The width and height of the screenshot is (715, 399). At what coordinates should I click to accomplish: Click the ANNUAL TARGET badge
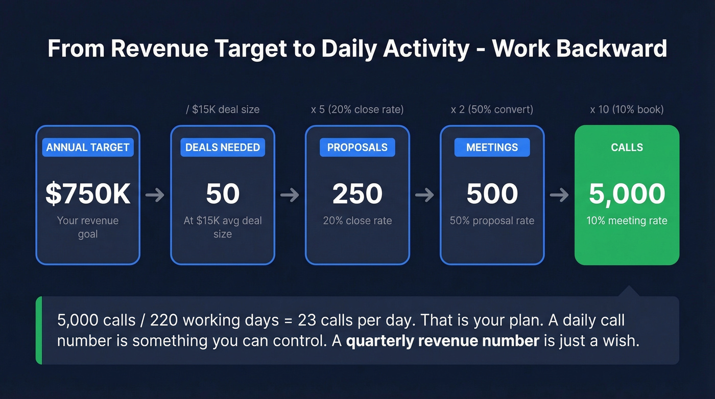[88, 147]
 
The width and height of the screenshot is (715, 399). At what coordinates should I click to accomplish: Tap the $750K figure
[88, 194]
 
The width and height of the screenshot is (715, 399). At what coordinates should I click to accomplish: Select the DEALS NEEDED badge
[223, 147]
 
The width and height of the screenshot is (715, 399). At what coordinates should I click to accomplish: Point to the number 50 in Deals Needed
[223, 194]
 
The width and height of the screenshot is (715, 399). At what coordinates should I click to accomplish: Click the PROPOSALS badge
[357, 147]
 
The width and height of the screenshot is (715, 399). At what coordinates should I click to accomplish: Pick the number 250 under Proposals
[357, 194]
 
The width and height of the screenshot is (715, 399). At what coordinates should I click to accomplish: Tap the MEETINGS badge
[492, 147]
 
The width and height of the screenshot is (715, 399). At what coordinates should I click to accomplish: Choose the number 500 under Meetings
[492, 194]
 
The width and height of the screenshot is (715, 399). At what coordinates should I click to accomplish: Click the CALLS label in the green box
[627, 147]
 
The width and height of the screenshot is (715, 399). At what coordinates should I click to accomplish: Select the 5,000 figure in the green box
[627, 194]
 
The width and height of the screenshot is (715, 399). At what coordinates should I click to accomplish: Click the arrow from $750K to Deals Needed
[155, 195]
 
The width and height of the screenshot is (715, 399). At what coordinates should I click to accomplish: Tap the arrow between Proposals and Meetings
[425, 195]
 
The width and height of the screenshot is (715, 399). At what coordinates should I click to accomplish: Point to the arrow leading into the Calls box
[560, 195]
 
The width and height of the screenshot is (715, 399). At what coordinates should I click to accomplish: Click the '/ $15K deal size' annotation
[223, 109]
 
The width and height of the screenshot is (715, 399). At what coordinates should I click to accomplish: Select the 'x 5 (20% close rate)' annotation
[357, 109]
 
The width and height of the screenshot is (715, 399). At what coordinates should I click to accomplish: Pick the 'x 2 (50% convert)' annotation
[492, 109]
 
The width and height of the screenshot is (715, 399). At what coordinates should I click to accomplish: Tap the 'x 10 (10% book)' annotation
[627, 109]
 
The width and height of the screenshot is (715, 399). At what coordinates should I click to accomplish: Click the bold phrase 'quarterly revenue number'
[443, 341]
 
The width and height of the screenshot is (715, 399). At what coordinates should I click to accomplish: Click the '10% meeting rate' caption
[627, 221]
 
